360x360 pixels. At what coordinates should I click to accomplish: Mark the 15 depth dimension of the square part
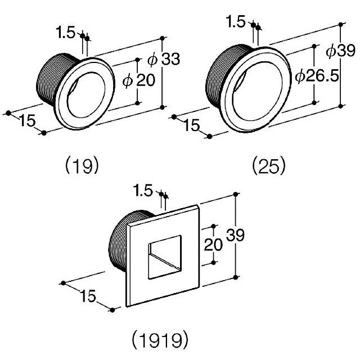click(x=87, y=294)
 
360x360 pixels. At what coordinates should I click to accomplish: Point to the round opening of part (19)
click(x=84, y=91)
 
